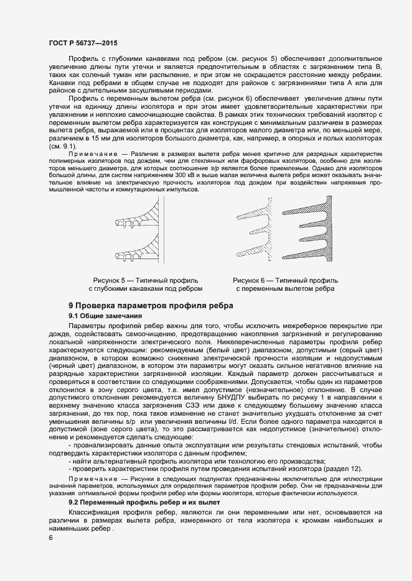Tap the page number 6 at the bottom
(x=50, y=538)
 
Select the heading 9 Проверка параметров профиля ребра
(x=151, y=305)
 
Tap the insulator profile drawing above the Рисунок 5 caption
(x=134, y=233)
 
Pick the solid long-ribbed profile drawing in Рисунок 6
(x=311, y=233)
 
